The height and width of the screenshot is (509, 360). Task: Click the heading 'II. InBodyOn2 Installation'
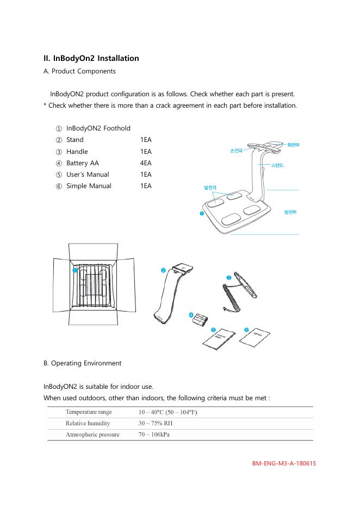click(91, 58)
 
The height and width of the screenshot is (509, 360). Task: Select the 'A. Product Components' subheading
click(79, 71)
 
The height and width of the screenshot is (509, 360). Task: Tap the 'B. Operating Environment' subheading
click(82, 363)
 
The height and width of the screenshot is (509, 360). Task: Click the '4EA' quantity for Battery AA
click(146, 163)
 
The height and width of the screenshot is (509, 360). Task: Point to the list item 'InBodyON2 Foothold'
click(98, 128)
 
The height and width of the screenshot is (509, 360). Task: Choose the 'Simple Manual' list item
click(89, 185)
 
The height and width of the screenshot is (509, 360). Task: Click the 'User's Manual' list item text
click(88, 174)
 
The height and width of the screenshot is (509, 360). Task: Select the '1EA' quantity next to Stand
click(146, 140)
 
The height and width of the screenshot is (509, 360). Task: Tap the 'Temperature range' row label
click(89, 412)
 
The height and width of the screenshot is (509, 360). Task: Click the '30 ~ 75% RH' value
click(156, 423)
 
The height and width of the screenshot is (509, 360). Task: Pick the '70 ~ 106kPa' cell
click(154, 434)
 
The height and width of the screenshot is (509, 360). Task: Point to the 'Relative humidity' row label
click(88, 423)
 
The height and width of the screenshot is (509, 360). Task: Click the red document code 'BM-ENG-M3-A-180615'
click(284, 464)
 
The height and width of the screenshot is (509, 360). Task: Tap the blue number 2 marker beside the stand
click(163, 270)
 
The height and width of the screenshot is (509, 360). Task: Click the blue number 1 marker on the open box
click(75, 270)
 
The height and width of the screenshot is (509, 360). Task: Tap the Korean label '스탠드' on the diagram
click(277, 164)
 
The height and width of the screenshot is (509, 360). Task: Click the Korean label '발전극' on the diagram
click(210, 188)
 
